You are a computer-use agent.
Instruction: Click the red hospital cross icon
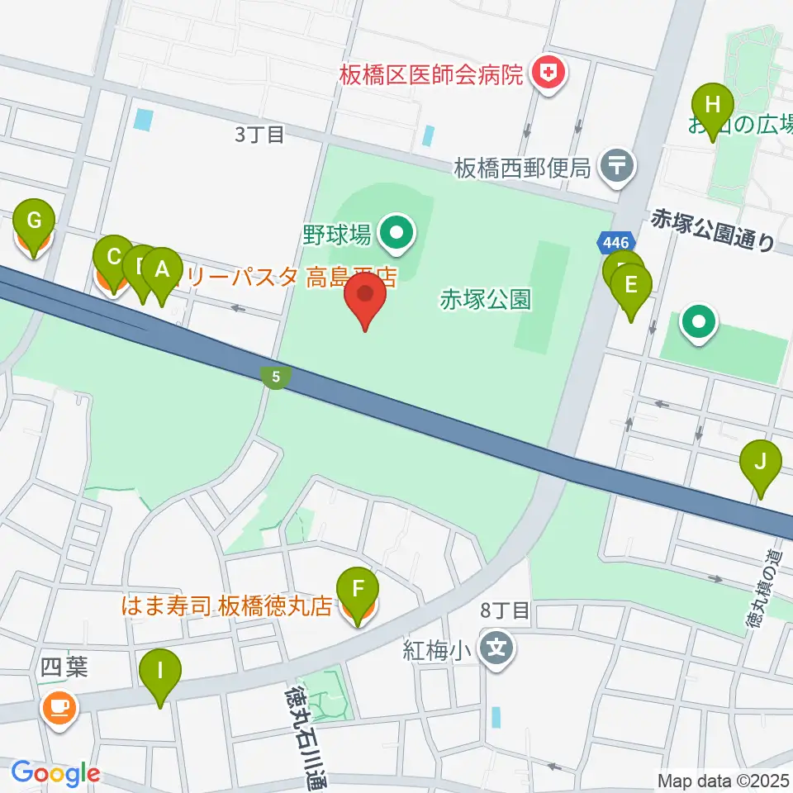[546, 75]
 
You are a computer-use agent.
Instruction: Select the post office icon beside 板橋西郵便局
[617, 166]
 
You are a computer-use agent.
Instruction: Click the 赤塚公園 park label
[485, 299]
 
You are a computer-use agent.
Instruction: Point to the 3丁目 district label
[259, 135]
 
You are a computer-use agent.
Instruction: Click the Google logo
[55, 774]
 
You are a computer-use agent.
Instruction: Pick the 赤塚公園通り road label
[713, 230]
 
